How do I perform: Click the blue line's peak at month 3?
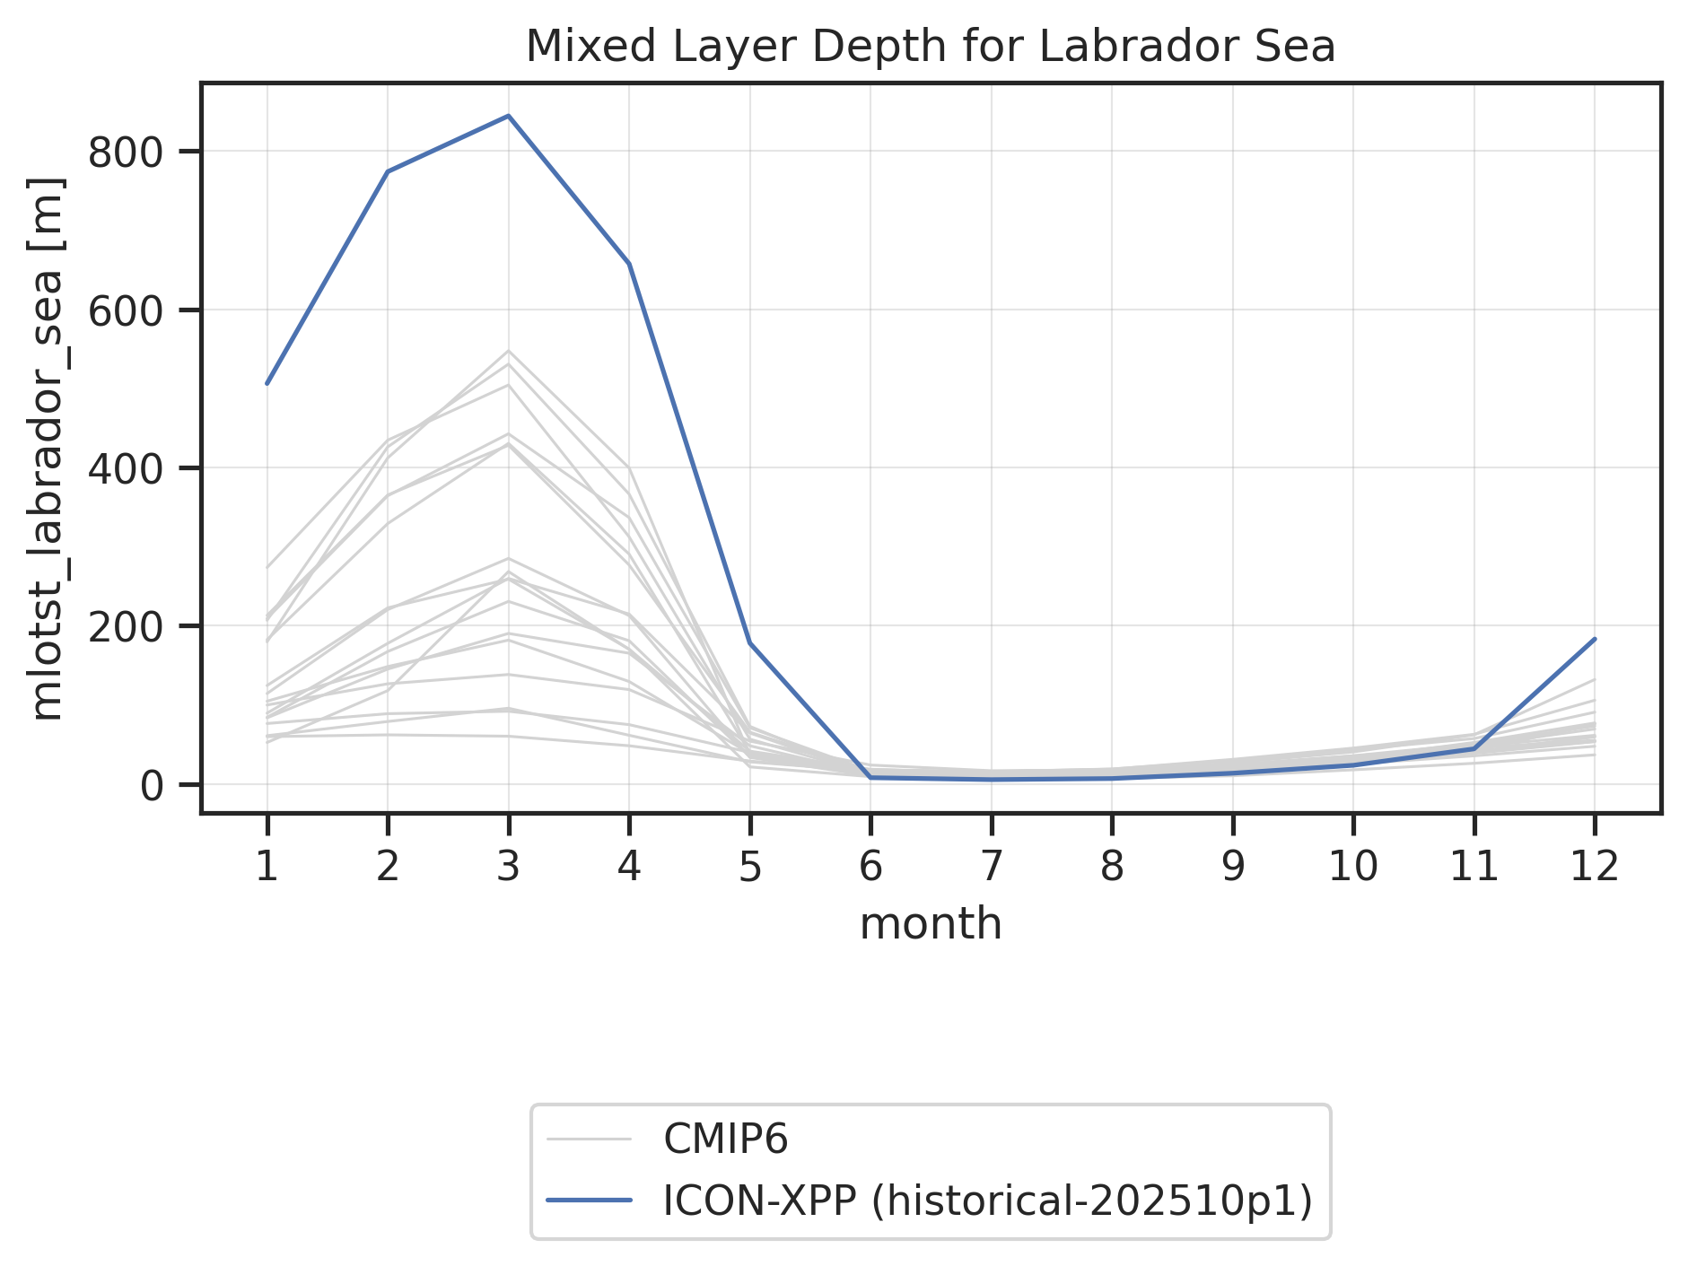(508, 116)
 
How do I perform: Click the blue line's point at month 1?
(267, 383)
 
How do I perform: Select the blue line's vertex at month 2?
(388, 171)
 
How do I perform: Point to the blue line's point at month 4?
(629, 264)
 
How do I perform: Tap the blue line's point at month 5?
(749, 643)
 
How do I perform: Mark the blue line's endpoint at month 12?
(1595, 639)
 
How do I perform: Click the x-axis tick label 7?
(991, 868)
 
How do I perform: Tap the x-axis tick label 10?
(1353, 868)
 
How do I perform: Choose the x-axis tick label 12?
(1595, 868)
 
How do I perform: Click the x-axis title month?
(931, 924)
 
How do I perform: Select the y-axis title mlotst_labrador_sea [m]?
(48, 448)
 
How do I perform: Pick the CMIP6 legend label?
(725, 1140)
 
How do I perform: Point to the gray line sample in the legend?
(590, 1140)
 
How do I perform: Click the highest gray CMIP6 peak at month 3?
(508, 351)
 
